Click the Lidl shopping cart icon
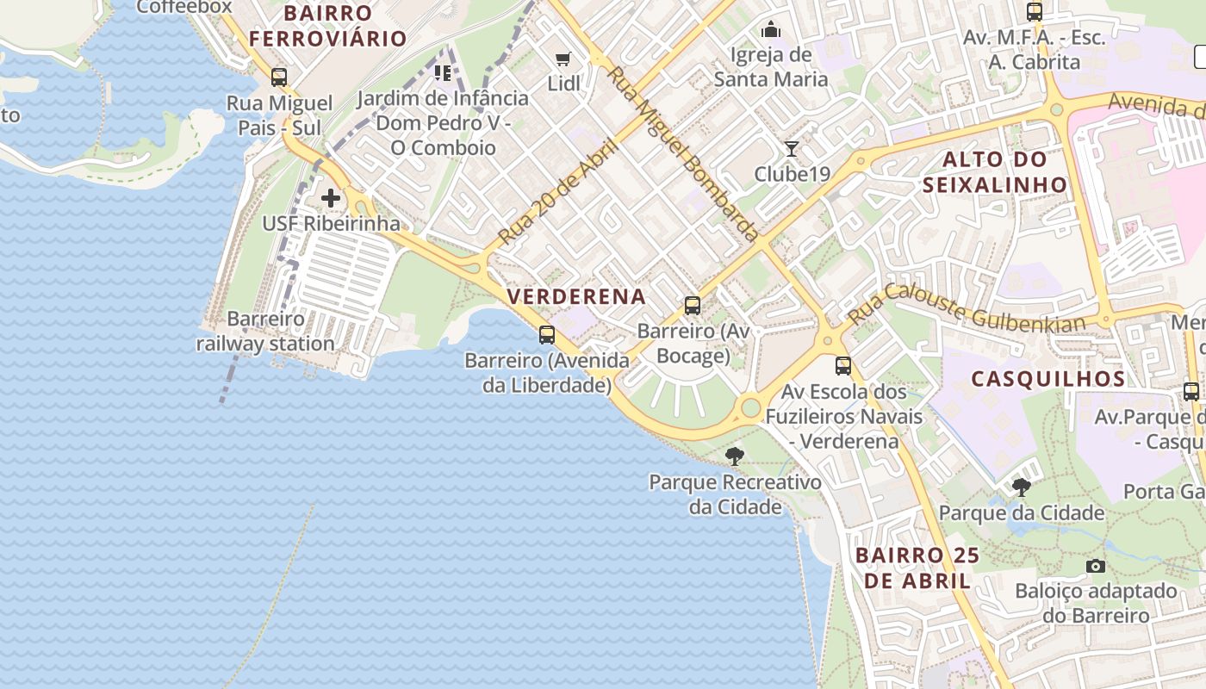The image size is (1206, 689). click(563, 59)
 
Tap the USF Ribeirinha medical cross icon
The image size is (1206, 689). click(331, 199)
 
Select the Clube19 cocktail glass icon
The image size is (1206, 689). click(792, 149)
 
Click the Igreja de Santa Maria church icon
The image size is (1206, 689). click(771, 30)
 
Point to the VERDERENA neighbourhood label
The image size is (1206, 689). click(576, 297)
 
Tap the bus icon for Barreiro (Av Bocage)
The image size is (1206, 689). click(692, 306)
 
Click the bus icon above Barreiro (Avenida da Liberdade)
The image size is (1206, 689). click(547, 335)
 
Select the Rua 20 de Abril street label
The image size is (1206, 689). click(558, 191)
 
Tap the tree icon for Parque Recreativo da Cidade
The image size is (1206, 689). click(735, 456)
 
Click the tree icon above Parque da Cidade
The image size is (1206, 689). click(1022, 487)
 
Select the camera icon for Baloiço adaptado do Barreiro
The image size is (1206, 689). click(1096, 566)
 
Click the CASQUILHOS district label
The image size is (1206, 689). click(1048, 379)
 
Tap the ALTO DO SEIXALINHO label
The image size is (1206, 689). click(995, 172)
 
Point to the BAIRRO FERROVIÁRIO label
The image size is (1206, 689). click(327, 26)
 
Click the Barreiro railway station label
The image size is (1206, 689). click(265, 332)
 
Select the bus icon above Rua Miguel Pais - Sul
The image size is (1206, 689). click(278, 78)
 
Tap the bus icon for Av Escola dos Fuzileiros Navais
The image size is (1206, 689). click(843, 366)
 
